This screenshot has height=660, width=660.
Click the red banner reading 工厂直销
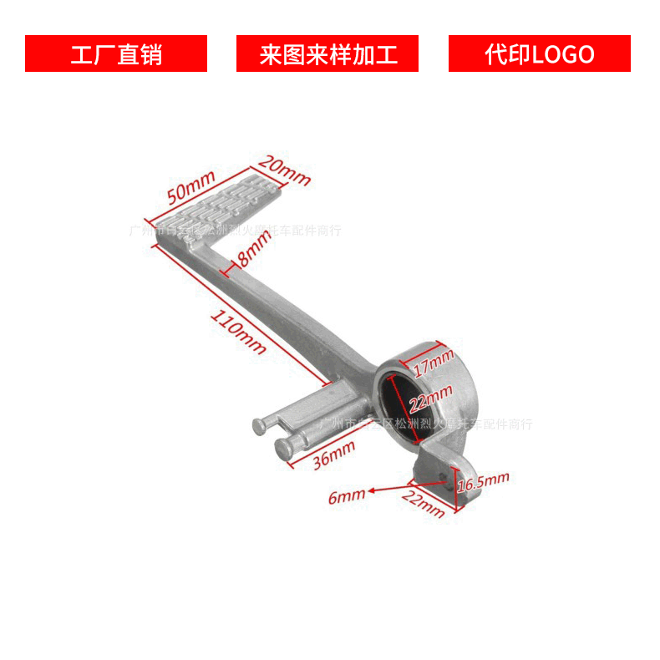point(116,53)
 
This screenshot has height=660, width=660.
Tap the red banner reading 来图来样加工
point(327,53)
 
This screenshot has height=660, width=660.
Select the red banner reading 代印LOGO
point(540,53)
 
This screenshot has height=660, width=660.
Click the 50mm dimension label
point(191,187)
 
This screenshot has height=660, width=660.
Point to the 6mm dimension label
point(346,496)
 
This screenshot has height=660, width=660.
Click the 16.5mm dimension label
point(484,481)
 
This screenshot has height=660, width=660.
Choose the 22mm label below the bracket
point(424,505)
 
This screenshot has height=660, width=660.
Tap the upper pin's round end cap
point(261,426)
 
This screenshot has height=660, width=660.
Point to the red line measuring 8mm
point(226,269)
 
